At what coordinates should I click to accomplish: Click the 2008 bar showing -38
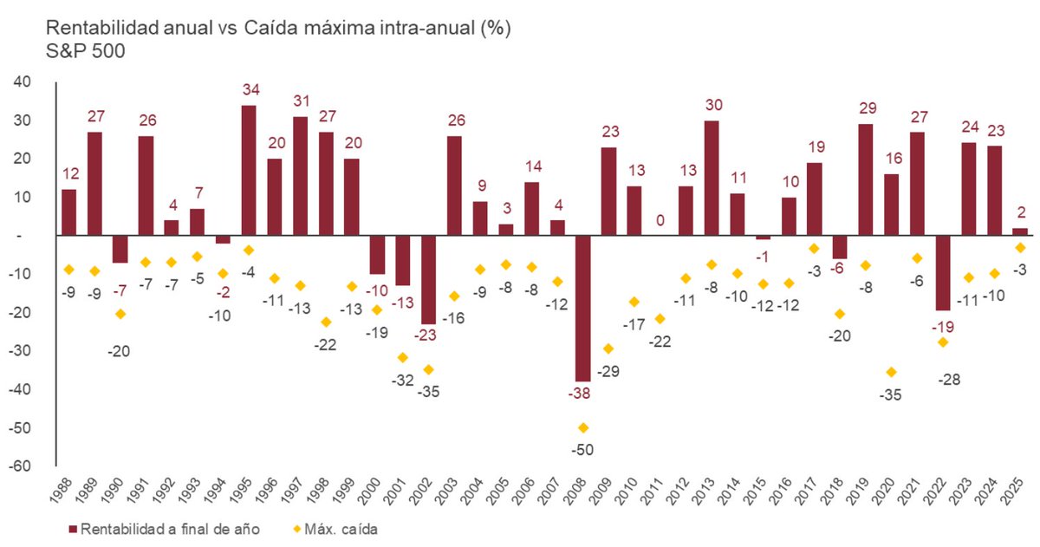tap(582, 308)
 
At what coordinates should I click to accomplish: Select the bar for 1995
tap(249, 170)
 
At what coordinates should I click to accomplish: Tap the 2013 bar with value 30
tap(711, 178)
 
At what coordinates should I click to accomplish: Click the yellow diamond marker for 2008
tap(582, 427)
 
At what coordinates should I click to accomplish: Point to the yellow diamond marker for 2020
tap(892, 372)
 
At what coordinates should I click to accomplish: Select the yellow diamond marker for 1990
tap(120, 314)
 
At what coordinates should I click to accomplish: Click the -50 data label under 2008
tap(582, 450)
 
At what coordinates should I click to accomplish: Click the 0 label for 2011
tap(660, 221)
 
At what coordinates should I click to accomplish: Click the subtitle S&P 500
tap(86, 51)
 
